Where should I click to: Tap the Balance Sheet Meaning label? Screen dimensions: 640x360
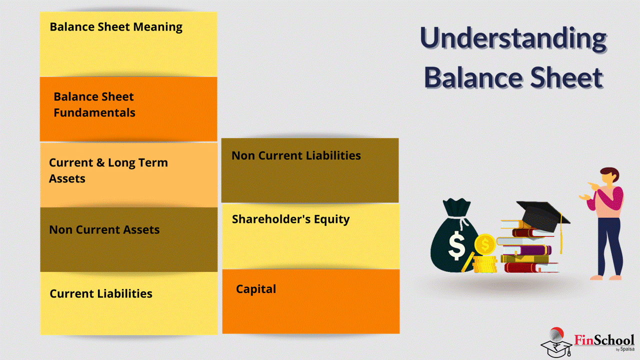coord(116,27)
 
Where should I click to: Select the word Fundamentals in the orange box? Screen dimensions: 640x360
coord(94,112)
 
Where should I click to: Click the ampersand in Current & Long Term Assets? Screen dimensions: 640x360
coord(100,163)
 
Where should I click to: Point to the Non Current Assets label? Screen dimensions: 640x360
coord(104,229)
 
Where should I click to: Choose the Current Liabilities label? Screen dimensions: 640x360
coord(101,293)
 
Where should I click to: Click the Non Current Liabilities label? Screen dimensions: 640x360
coord(296,155)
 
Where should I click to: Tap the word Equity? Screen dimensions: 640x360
coord(331,219)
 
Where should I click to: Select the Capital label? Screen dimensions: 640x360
coord(256,289)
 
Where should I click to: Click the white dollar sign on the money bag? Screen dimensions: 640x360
coord(456,245)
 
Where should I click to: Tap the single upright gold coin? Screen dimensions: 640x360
coord(484,244)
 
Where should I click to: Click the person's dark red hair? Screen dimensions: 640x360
coord(611,173)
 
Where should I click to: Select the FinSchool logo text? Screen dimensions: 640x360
coord(604,340)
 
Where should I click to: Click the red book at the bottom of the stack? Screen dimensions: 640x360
coord(531,267)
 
